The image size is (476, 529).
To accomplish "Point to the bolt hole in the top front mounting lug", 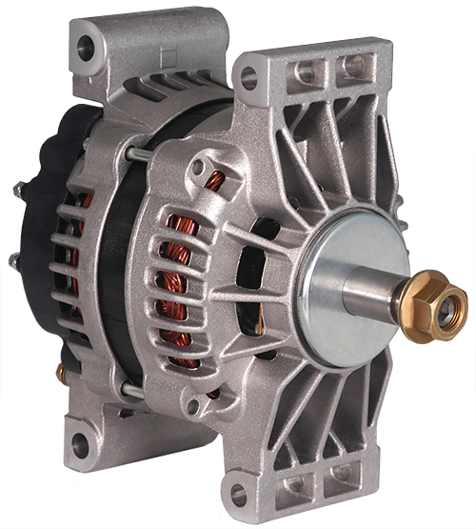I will click(248, 76).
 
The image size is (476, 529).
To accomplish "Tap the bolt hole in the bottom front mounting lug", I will click(239, 495).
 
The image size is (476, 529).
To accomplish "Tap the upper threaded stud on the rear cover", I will click(19, 191).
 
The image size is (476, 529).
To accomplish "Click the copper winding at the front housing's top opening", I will click(215, 180).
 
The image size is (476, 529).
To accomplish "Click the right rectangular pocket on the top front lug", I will click(354, 66).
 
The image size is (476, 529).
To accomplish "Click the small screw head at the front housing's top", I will click(197, 167).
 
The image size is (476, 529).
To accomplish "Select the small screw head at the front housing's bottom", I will click(194, 406).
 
